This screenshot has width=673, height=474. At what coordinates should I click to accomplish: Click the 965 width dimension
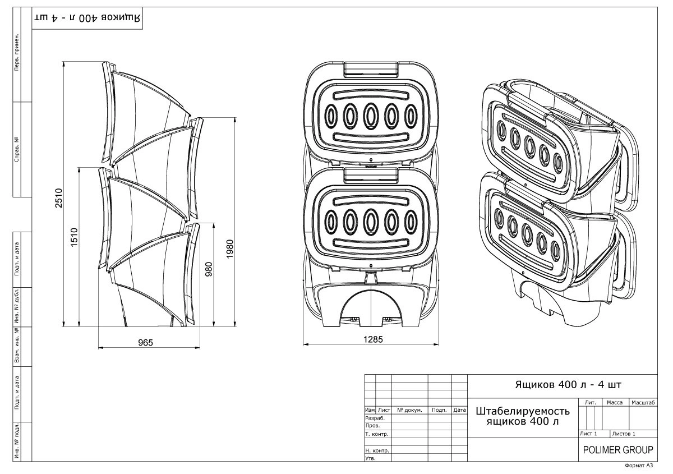[x=146, y=343]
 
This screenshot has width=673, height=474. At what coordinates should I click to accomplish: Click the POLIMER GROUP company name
[x=617, y=450]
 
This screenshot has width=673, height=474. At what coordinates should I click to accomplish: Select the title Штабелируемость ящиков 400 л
[x=523, y=416]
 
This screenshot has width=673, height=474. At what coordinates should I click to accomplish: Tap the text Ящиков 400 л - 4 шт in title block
[x=561, y=385]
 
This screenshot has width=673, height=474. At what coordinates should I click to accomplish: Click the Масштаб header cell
[x=643, y=402]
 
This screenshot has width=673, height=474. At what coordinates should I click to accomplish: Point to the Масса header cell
[x=615, y=402]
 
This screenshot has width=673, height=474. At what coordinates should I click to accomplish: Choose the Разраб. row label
[x=375, y=418]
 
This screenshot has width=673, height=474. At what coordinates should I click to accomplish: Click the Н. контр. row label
[x=377, y=450]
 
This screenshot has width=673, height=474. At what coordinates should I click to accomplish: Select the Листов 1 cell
[x=624, y=434]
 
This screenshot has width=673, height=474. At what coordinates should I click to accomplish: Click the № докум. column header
[x=409, y=410]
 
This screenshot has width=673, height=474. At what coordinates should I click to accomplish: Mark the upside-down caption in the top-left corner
[x=89, y=17]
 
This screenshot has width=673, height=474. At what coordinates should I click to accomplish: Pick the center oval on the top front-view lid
[x=370, y=116]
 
